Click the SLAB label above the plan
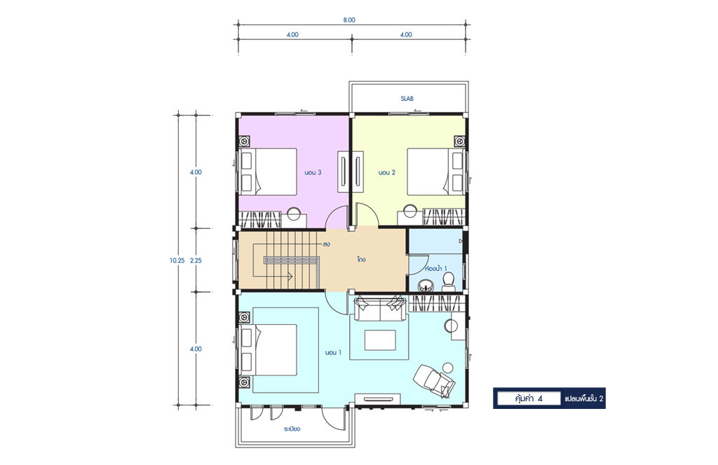[x=407, y=98]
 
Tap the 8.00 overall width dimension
[x=349, y=20]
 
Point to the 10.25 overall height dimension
[x=177, y=261]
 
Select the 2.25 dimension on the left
[x=196, y=261]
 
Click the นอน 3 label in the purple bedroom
[x=313, y=172]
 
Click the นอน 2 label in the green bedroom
[x=386, y=172]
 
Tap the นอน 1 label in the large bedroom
[x=333, y=352]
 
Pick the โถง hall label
[x=361, y=259]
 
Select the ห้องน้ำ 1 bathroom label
[x=436, y=268]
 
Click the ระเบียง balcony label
[x=292, y=429]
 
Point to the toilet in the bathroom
[x=448, y=282]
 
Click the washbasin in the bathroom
[x=427, y=286]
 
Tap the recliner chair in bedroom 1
[x=434, y=380]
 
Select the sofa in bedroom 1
[x=379, y=307]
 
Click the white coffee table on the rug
[x=380, y=340]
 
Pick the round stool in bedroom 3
[x=294, y=214]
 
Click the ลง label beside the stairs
[x=326, y=244]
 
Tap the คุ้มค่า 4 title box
[x=529, y=398]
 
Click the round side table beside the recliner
[x=447, y=368]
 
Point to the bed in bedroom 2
[x=436, y=172]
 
